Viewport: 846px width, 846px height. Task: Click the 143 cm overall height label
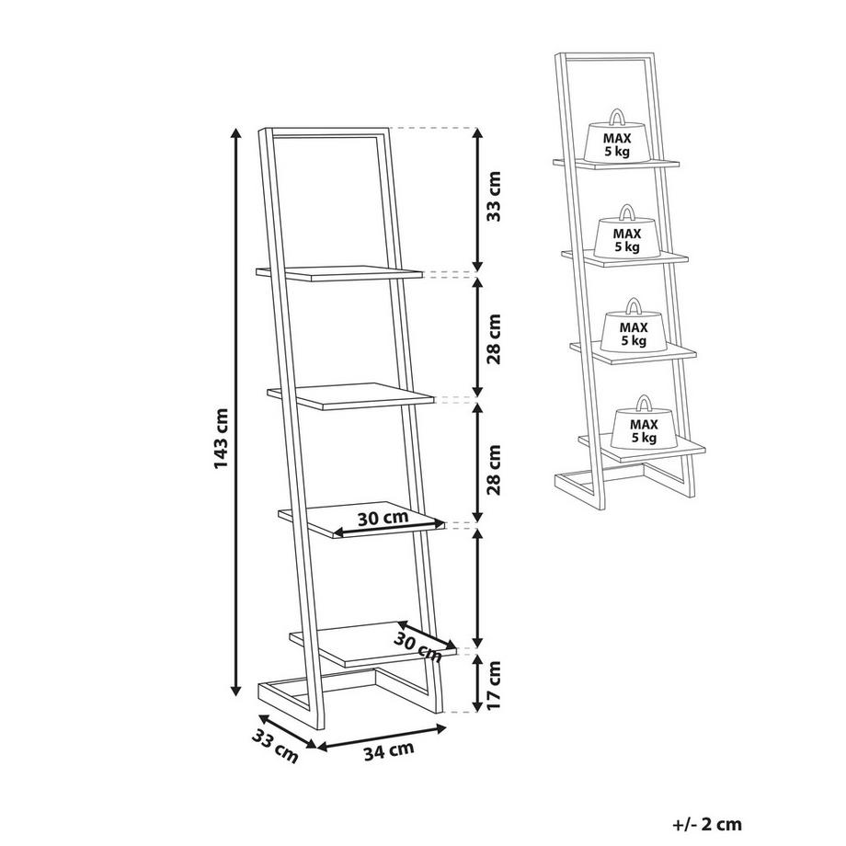pos(222,438)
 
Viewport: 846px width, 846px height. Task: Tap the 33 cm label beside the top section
pos(494,197)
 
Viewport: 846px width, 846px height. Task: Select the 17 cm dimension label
pos(494,685)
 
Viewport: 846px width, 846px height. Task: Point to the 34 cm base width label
pos(388,750)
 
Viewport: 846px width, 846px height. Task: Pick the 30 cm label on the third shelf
pos(383,518)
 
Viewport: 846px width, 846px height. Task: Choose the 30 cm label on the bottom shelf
pos(417,646)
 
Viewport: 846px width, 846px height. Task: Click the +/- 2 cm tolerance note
pos(707,824)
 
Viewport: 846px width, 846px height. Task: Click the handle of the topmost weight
pos(617,116)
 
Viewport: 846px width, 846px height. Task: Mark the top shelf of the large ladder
pos(339,273)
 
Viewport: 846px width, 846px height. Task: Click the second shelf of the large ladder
pos(350,396)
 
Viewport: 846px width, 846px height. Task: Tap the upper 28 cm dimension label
pos(494,338)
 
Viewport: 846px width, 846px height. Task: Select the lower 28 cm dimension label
pos(494,469)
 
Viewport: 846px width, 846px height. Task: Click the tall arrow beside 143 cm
pos(235,412)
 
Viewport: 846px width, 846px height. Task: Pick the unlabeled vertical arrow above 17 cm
pos(477,588)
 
